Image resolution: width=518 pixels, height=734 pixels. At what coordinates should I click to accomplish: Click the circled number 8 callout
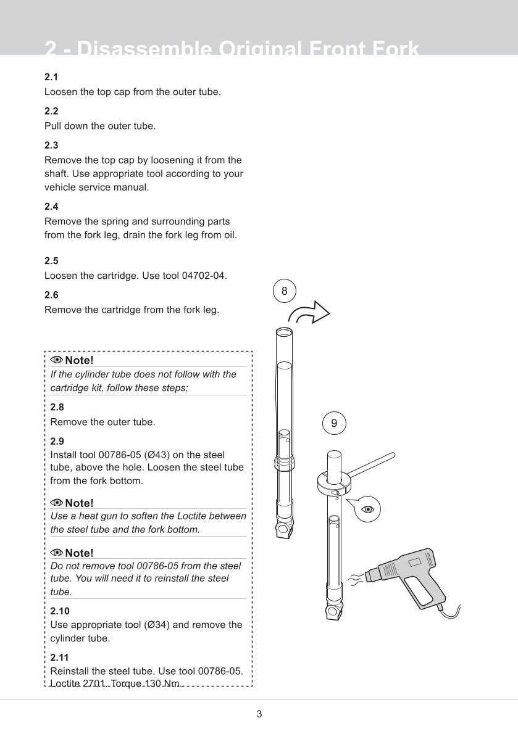tap(284, 291)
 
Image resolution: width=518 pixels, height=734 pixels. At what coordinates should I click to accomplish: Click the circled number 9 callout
tap(334, 423)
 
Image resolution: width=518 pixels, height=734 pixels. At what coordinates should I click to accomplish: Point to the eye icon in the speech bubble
tap(369, 508)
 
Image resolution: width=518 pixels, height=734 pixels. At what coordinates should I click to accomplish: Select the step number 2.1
tap(51, 77)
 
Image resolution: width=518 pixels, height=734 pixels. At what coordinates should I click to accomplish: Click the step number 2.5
tap(51, 261)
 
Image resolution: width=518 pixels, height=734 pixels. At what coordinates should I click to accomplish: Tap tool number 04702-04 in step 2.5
tap(203, 276)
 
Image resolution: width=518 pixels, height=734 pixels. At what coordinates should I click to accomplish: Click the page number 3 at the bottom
tap(259, 714)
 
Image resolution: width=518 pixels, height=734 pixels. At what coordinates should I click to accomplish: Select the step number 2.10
tap(60, 611)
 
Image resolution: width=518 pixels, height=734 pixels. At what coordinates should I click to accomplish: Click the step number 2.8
tap(57, 407)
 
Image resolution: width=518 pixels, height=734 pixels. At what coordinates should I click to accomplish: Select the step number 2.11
tap(59, 658)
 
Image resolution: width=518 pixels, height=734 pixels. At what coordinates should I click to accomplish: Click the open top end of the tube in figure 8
tap(283, 332)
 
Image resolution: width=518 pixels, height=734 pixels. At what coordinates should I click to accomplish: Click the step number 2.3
tap(51, 145)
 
